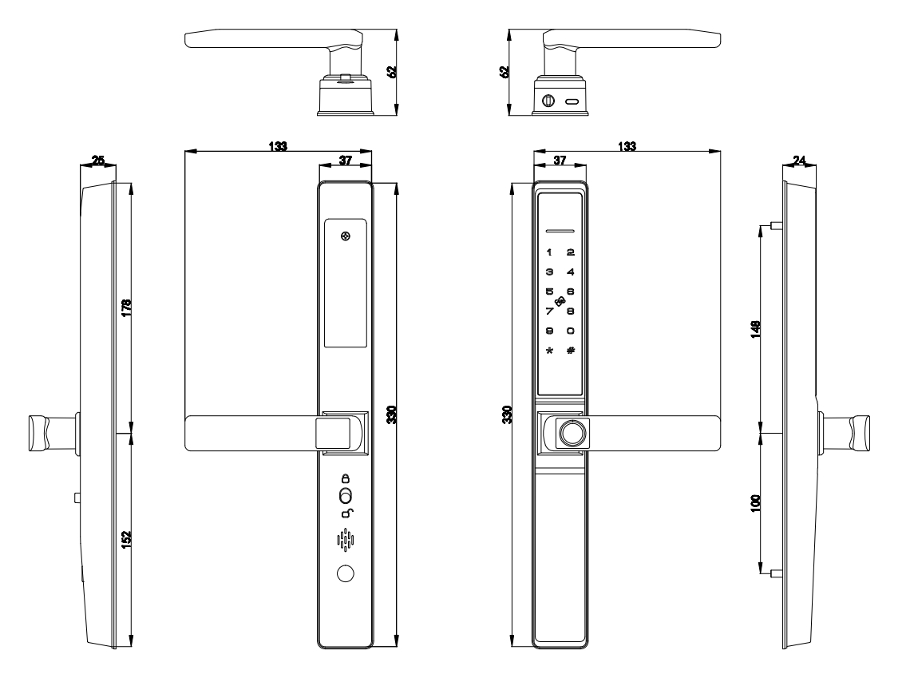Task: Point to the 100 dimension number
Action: pyautogui.click(x=755, y=502)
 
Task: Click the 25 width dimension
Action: pyautogui.click(x=98, y=161)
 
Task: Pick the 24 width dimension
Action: pyautogui.click(x=799, y=161)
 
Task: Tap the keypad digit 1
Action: pyautogui.click(x=548, y=252)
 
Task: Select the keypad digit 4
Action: pyautogui.click(x=570, y=272)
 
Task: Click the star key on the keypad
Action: pyautogui.click(x=548, y=351)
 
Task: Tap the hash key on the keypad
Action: pyautogui.click(x=570, y=351)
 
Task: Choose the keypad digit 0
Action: pyautogui.click(x=570, y=331)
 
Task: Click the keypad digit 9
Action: pyautogui.click(x=548, y=331)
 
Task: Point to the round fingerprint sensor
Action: pyautogui.click(x=569, y=434)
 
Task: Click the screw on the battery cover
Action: pyautogui.click(x=345, y=236)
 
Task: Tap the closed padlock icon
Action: pyautogui.click(x=346, y=478)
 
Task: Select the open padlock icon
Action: pyautogui.click(x=346, y=513)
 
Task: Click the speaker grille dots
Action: pyautogui.click(x=345, y=541)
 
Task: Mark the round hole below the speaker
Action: pyautogui.click(x=345, y=573)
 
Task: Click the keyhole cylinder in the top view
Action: pyautogui.click(x=548, y=101)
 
